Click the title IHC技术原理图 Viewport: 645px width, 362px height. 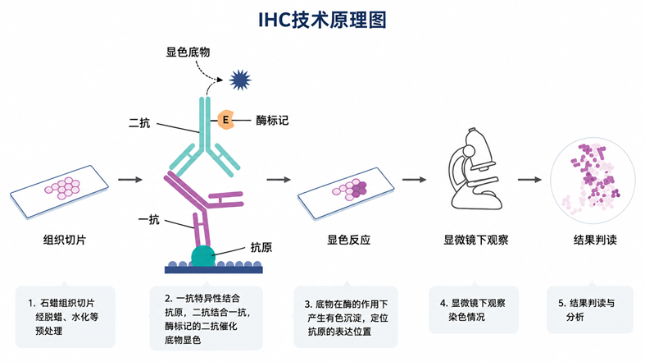coord(322,20)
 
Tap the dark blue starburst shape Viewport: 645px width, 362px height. coord(240,80)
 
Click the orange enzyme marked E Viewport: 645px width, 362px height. coord(225,120)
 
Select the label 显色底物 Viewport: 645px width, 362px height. coord(188,52)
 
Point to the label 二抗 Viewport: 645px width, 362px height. coord(139,123)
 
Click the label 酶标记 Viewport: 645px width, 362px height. coord(272,120)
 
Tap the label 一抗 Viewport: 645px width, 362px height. coord(148,219)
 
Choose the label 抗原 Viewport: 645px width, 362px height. coord(261,247)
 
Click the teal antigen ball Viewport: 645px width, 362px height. coord(203,256)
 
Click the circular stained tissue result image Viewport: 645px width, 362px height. coord(593,180)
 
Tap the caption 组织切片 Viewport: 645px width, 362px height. coord(65,240)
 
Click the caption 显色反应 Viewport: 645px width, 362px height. coord(349,240)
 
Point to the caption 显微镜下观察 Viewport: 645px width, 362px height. coord(476,240)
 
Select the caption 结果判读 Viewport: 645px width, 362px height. coord(595,240)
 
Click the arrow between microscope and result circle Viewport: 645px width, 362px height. coord(529,180)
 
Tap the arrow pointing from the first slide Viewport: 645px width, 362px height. coord(130,180)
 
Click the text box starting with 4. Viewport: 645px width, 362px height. coord(474,309)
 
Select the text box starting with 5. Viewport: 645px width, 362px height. coord(590,309)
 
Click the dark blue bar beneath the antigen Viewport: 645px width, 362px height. coord(213,270)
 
